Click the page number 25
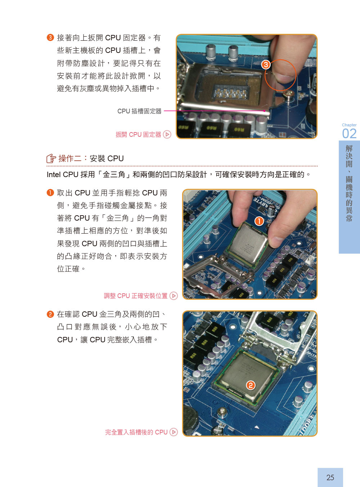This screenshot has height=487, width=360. point(330,477)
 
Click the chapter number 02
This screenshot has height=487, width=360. point(349,134)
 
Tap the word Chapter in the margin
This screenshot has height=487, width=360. point(349,125)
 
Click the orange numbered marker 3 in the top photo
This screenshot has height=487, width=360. point(266,65)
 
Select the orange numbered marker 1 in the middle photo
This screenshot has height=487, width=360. point(259,221)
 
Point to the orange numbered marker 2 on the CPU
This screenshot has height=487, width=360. point(251,385)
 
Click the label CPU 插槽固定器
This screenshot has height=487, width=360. point(139,111)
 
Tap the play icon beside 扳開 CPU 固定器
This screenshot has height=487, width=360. point(167,134)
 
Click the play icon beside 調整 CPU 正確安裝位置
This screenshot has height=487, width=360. point(174,296)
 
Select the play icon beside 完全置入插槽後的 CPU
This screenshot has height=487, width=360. point(174,432)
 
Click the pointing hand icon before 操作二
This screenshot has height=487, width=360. point(51,158)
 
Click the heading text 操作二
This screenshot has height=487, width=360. point(70,158)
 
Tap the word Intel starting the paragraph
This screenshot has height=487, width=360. point(54,175)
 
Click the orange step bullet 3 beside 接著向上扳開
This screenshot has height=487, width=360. point(50,37)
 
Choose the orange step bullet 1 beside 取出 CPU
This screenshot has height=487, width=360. point(50,193)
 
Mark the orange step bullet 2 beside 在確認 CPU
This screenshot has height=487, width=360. point(50,314)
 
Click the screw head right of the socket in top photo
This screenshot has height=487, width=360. point(288,94)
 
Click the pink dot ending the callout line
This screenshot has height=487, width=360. point(264,111)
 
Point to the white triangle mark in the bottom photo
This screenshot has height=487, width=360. point(256,427)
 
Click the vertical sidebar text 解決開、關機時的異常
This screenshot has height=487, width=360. point(349,183)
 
